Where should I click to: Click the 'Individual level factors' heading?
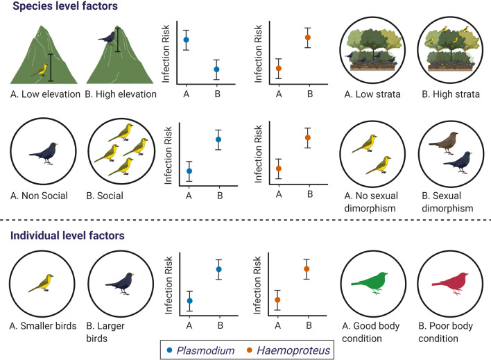pos(67,236)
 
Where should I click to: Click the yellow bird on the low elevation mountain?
pos(42,69)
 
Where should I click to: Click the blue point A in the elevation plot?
pos(186,40)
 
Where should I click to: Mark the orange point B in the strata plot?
pos(309,37)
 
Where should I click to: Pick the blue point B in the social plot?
pos(218,139)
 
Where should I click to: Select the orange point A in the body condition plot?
pos(277,300)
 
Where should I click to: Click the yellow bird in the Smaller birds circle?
pos(42,282)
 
